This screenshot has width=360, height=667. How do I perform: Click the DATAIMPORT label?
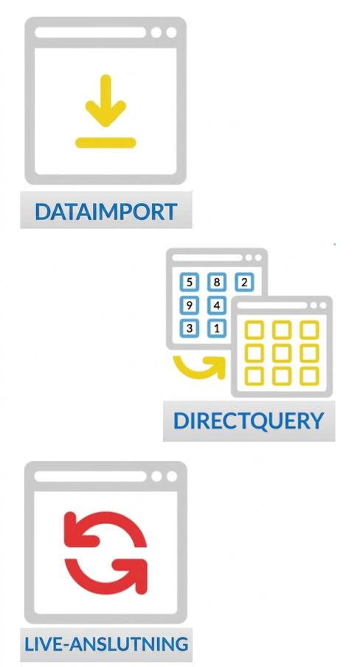106,212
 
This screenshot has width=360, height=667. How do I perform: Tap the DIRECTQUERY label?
249,421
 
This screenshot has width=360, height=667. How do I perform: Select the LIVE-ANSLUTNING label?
106,643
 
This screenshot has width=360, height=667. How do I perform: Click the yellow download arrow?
105,100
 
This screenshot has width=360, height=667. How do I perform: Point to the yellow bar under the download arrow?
105,143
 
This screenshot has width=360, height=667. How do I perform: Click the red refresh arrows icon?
105,553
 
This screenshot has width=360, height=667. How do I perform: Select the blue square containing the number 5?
190,282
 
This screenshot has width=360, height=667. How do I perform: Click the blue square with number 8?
217,282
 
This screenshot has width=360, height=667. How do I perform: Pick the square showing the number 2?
244,282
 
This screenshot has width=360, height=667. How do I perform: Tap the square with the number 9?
190,305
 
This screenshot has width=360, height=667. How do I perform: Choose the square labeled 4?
217,305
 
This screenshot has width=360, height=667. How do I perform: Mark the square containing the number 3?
190,328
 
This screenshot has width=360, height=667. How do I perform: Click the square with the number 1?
217,328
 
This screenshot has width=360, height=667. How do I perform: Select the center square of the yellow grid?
282,353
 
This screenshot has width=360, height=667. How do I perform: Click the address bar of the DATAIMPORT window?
90,32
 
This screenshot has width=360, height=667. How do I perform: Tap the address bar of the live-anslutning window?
90,477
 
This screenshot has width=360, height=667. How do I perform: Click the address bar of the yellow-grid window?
271,305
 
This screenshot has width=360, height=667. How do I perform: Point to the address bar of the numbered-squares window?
207,258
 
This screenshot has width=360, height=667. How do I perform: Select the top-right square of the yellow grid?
309,330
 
